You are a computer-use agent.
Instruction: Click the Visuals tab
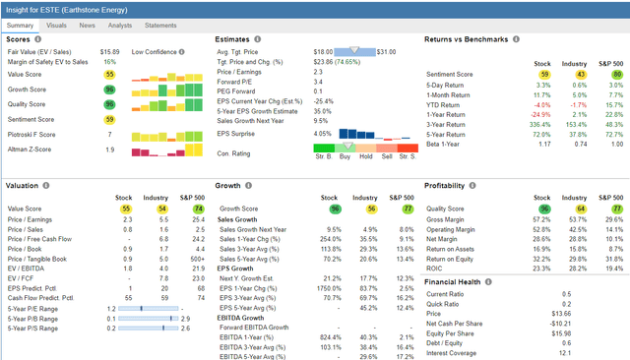[x=57, y=24]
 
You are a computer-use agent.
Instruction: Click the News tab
[x=89, y=24]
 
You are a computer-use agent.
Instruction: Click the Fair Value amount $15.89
[x=110, y=50]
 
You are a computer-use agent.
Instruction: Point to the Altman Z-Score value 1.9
[x=110, y=150]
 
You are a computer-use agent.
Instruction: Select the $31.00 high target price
[x=388, y=50]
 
